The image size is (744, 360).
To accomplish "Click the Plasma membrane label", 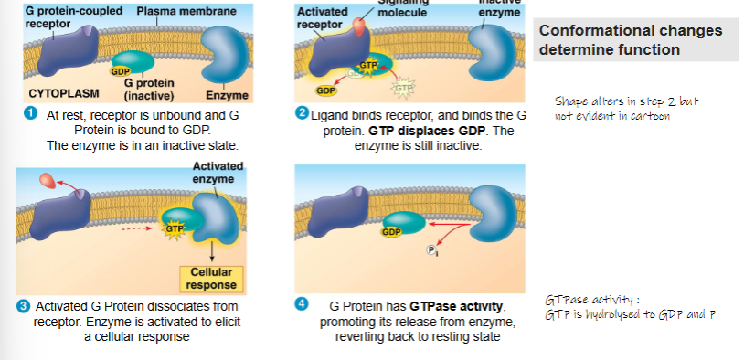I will coord(186,11).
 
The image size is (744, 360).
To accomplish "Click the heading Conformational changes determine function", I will coord(631,39).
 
